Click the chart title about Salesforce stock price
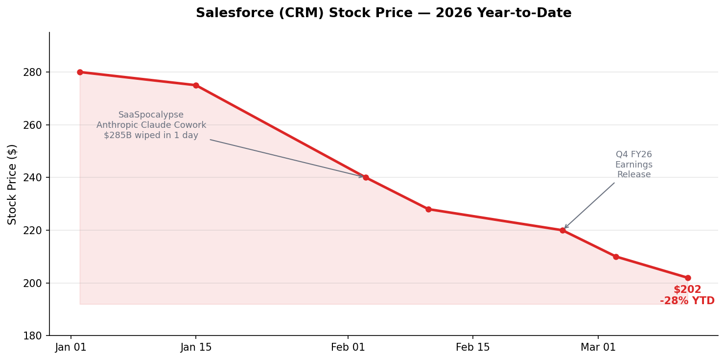pos(383,13)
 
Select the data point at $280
pos(80,72)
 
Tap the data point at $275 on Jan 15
pos(196,85)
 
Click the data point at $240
pos(366,177)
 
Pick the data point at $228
pos(428,209)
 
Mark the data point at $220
pos(562,230)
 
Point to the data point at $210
pos(616,257)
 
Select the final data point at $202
pos(688,278)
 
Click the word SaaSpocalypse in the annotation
pos(151,115)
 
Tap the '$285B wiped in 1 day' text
pos(151,136)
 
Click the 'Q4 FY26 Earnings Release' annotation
pos(633,165)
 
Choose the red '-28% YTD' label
pos(687,301)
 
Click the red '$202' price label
pos(687,290)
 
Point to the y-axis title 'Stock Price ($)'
pos(12,184)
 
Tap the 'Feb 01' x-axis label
pos(348,348)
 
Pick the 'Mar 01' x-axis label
pos(598,348)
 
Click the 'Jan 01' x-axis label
pos(71,348)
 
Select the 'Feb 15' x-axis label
pos(472,348)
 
